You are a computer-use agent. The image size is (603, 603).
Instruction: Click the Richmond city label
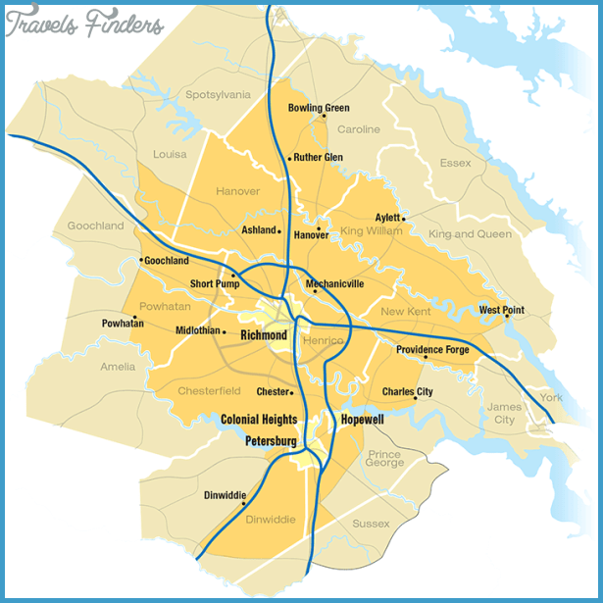tap(264, 335)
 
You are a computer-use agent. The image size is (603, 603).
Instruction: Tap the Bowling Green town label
tap(319, 108)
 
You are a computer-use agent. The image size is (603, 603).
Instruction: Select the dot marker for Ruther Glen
tap(290, 158)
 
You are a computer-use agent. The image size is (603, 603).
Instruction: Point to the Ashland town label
tap(260, 230)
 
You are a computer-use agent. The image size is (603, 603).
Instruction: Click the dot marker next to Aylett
tap(403, 219)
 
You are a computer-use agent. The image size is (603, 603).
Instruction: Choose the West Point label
tap(501, 310)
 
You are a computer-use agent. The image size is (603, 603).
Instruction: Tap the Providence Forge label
tap(432, 349)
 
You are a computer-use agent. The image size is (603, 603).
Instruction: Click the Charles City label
tap(407, 391)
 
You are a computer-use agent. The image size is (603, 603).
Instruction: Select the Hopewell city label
tap(362, 419)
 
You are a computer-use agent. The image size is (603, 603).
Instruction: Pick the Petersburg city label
tap(271, 442)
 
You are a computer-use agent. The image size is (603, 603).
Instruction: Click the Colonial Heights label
tap(259, 419)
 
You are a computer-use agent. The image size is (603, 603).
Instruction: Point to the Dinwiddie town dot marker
tap(243, 503)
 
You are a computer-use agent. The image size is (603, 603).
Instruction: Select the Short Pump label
tap(215, 284)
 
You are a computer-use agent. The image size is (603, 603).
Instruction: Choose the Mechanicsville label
tap(334, 283)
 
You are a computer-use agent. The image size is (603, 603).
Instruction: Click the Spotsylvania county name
tap(218, 95)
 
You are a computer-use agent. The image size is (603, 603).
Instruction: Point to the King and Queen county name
tap(470, 234)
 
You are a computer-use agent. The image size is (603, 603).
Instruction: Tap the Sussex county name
tap(371, 524)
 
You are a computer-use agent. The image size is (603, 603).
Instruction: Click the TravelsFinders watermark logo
tap(84, 25)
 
